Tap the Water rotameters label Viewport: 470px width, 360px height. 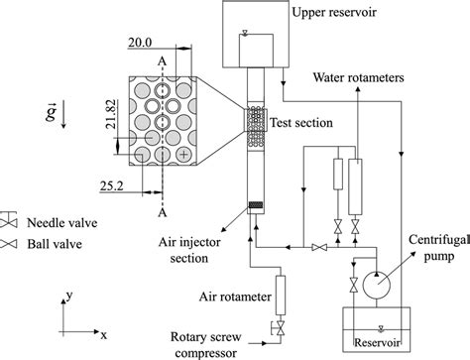coord(362,77)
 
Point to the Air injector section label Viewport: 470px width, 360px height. coord(187,249)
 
